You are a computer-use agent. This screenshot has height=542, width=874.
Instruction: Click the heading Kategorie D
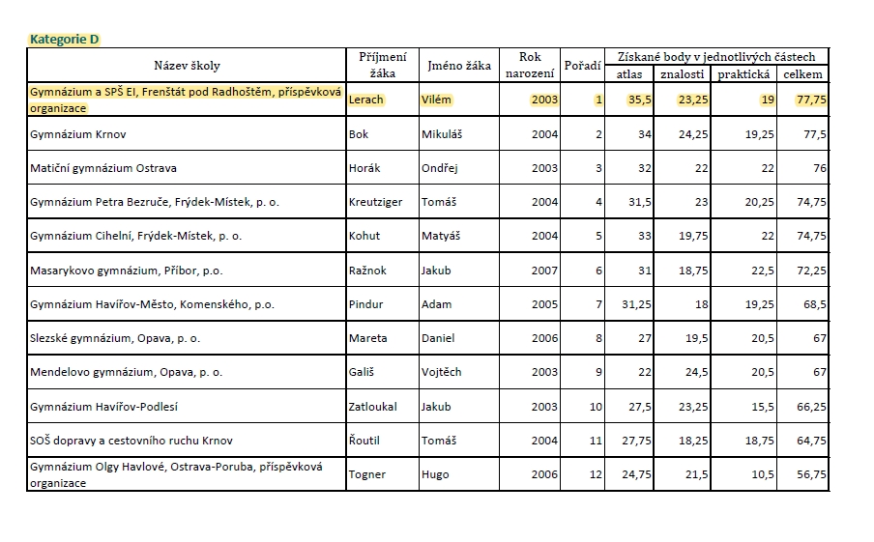64,40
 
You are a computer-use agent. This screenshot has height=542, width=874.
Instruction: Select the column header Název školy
187,66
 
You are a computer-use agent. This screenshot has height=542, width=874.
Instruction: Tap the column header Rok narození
530,65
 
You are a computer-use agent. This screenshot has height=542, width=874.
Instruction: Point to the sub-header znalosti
683,74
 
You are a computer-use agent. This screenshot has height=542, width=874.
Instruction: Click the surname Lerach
365,100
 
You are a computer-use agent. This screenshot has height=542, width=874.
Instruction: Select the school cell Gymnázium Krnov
78,134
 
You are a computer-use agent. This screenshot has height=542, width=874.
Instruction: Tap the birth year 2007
544,271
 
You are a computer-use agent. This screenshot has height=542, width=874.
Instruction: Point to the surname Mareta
367,338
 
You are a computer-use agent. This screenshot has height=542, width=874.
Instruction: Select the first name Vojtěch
443,372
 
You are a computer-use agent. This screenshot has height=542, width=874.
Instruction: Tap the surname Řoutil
364,441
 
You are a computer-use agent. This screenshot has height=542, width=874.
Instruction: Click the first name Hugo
435,474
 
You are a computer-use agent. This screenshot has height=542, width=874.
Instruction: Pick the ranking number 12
596,474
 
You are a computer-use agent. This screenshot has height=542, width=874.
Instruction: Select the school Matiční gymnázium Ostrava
103,168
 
